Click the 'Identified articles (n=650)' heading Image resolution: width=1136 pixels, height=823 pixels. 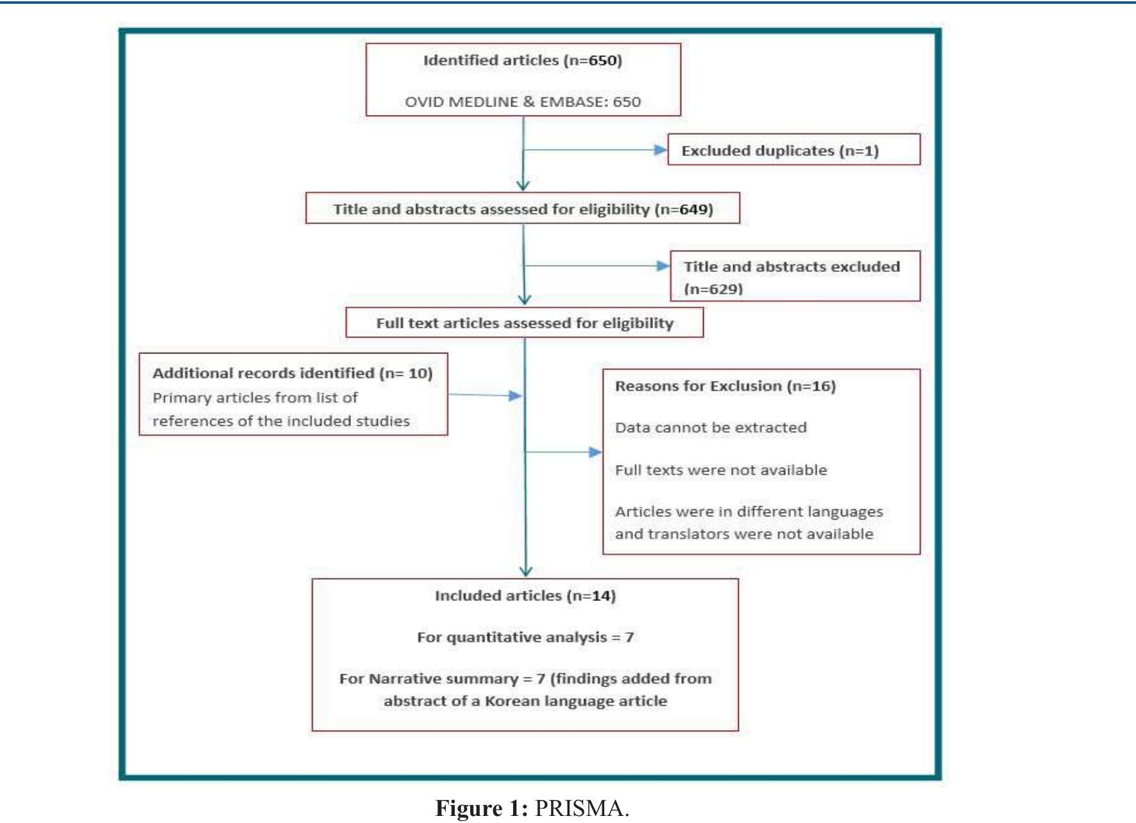[x=522, y=60]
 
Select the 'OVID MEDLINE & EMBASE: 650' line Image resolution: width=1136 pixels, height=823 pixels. [x=522, y=101]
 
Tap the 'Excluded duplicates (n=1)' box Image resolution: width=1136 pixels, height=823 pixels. [x=793, y=150]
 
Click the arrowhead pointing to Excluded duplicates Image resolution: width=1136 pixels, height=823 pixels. [x=660, y=150]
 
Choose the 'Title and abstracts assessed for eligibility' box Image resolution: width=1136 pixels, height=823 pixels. [x=522, y=209]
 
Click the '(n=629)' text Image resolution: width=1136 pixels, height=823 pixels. [x=713, y=289]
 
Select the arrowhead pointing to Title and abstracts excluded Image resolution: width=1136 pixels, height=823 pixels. [x=663, y=266]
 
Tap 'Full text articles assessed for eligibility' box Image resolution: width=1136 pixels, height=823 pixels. [x=524, y=323]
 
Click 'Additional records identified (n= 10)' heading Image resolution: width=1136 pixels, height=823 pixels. [x=292, y=373]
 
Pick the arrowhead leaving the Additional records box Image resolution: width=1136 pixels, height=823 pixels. [x=515, y=396]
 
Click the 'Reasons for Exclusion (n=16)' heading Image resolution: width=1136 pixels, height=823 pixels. [x=725, y=386]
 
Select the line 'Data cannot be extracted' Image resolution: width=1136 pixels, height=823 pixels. [x=710, y=428]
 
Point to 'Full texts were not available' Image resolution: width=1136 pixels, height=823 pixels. [x=720, y=470]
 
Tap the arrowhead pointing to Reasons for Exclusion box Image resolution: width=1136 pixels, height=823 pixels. [x=595, y=452]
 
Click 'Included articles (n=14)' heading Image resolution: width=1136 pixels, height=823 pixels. [x=525, y=596]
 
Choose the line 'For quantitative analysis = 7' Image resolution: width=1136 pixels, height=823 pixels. [x=525, y=638]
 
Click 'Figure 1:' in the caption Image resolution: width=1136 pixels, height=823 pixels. [x=481, y=808]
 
